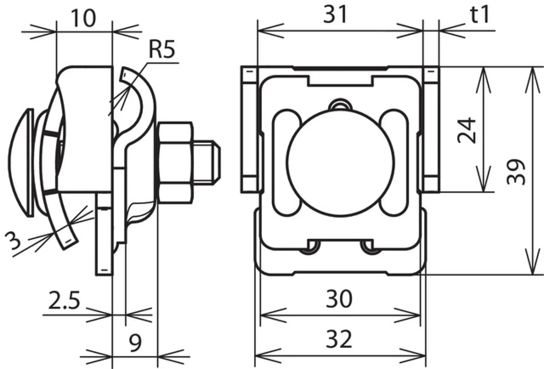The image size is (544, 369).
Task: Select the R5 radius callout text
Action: pyautogui.click(x=162, y=50)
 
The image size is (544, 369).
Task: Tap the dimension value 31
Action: pyautogui.click(x=335, y=14)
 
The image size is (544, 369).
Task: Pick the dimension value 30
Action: pyautogui.click(x=339, y=299)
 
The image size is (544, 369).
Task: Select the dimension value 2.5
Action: pyautogui.click(x=64, y=300)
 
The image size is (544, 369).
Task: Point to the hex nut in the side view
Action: pyautogui.click(x=175, y=162)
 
